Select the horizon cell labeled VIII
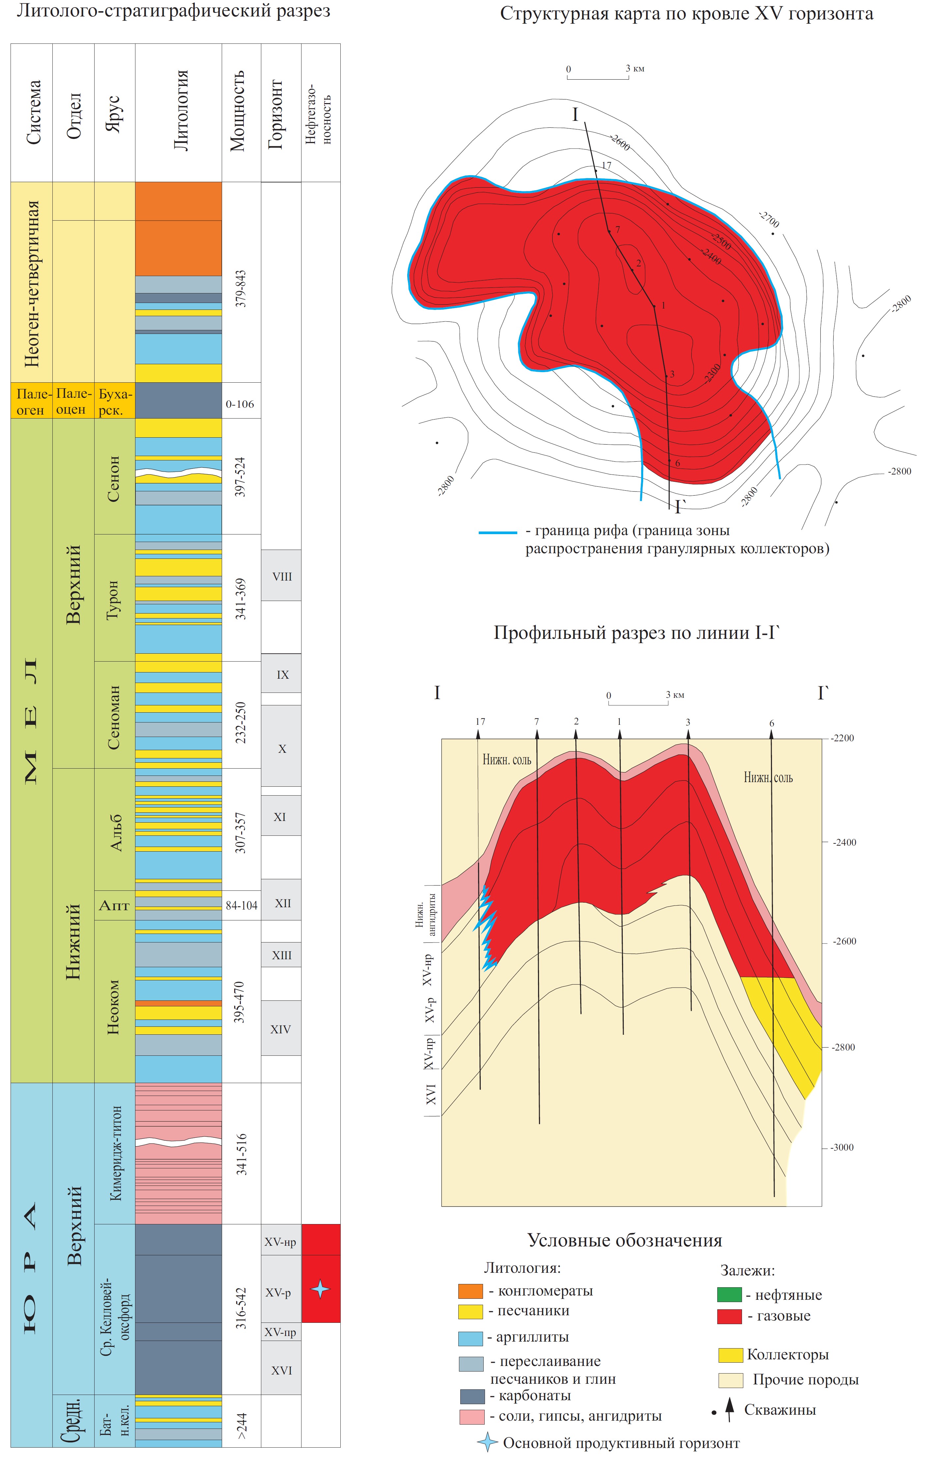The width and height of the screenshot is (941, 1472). click(282, 577)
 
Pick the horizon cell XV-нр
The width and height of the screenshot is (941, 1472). click(281, 1242)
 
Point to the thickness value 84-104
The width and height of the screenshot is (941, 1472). click(242, 905)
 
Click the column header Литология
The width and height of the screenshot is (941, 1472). click(180, 111)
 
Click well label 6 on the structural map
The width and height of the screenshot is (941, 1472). click(677, 463)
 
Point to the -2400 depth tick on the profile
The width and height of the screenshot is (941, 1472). click(844, 842)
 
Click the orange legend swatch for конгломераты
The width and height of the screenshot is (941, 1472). click(470, 1291)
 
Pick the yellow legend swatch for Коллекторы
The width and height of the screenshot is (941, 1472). click(730, 1355)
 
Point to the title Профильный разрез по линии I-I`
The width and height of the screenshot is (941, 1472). click(637, 633)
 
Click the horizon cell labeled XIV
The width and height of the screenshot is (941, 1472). click(281, 1029)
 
